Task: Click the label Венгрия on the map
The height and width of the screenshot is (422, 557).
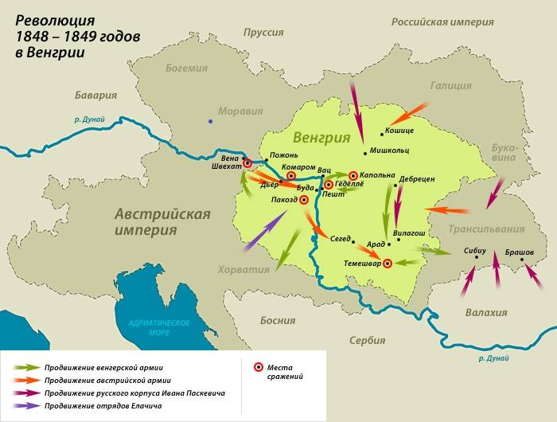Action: (321, 136)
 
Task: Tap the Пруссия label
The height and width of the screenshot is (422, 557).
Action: (264, 32)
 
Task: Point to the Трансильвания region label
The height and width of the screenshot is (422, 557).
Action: (486, 229)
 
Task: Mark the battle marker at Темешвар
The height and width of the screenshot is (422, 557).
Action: (388, 264)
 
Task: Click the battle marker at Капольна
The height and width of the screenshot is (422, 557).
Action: (353, 175)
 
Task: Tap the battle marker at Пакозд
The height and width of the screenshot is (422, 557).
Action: (303, 200)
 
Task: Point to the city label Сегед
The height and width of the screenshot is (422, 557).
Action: (341, 238)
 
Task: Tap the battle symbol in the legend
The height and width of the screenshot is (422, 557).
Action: (259, 367)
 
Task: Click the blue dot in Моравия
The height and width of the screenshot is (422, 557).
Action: (210, 121)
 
